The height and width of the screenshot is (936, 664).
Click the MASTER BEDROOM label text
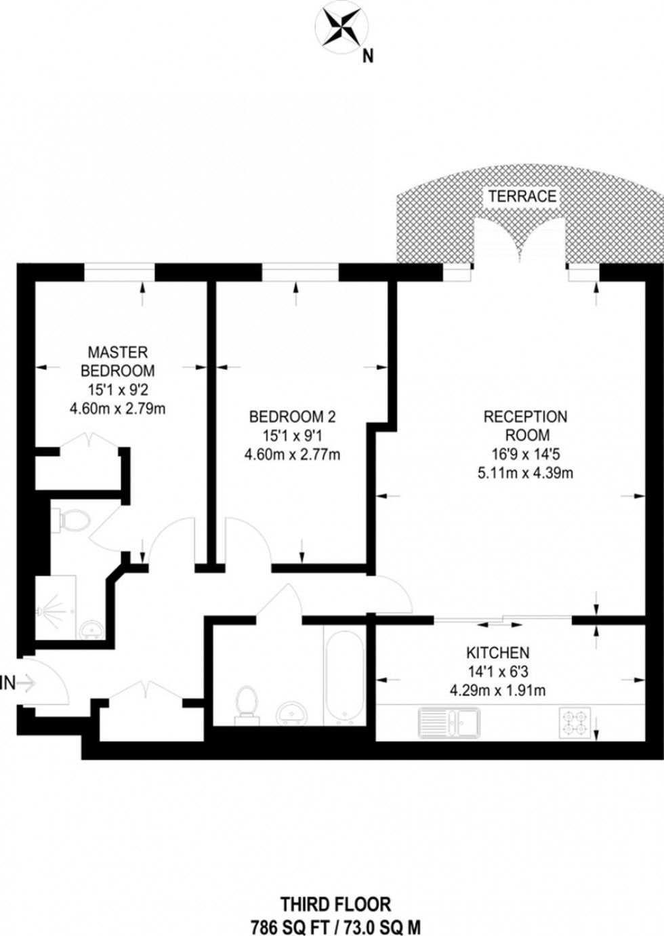(118, 361)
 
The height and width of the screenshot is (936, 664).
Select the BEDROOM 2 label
(292, 416)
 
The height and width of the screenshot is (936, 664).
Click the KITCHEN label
(497, 653)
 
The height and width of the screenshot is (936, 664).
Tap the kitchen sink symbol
(449, 723)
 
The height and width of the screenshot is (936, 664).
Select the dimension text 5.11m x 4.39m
(525, 473)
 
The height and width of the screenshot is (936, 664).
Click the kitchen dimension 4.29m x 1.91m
(497, 691)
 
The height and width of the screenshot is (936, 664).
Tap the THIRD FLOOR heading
(335, 903)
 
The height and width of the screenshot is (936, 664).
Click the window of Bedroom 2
(299, 272)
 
